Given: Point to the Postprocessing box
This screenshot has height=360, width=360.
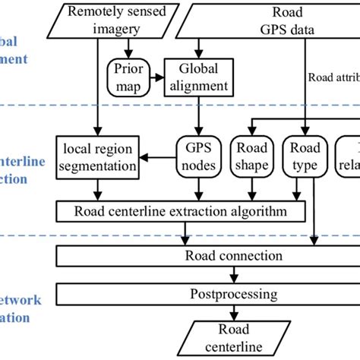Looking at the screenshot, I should (228, 292).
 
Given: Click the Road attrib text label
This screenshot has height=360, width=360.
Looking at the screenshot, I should (333, 77).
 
